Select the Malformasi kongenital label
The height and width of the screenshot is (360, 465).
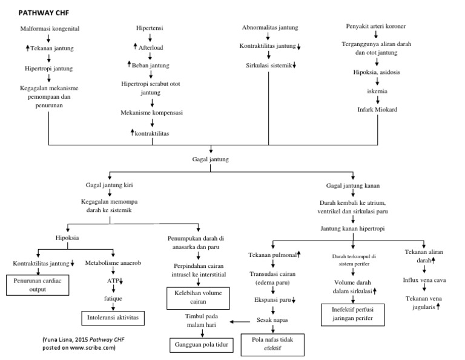50,28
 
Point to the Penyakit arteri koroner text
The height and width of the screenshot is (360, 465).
376,27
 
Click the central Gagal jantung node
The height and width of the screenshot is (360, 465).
210,159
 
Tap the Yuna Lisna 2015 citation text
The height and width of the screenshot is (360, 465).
79,344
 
